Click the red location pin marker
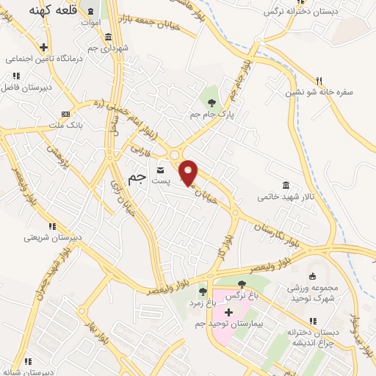pyautogui.click(x=189, y=173)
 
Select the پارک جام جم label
pyautogui.click(x=212, y=115)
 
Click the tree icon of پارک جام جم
pyautogui.click(x=212, y=102)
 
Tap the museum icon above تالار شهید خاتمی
pyautogui.click(x=285, y=185)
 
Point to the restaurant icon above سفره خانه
pyautogui.click(x=319, y=81)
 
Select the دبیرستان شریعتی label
pyautogui.click(x=48, y=237)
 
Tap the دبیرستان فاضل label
pyautogui.click(x=32, y=87)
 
